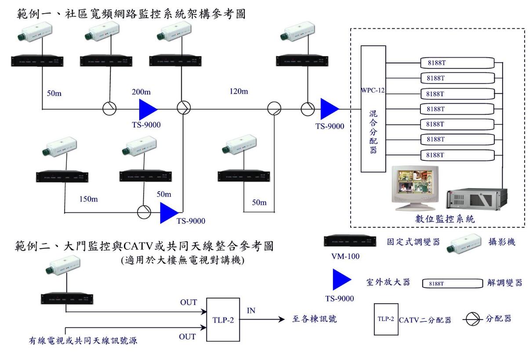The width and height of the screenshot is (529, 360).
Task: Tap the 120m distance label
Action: (239, 92)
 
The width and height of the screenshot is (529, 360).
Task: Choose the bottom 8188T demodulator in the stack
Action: (456, 155)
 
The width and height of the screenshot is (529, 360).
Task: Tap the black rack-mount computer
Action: (477, 200)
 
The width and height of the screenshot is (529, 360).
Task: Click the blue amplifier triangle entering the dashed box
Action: (329, 108)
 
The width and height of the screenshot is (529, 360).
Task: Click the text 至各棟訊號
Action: (314, 320)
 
